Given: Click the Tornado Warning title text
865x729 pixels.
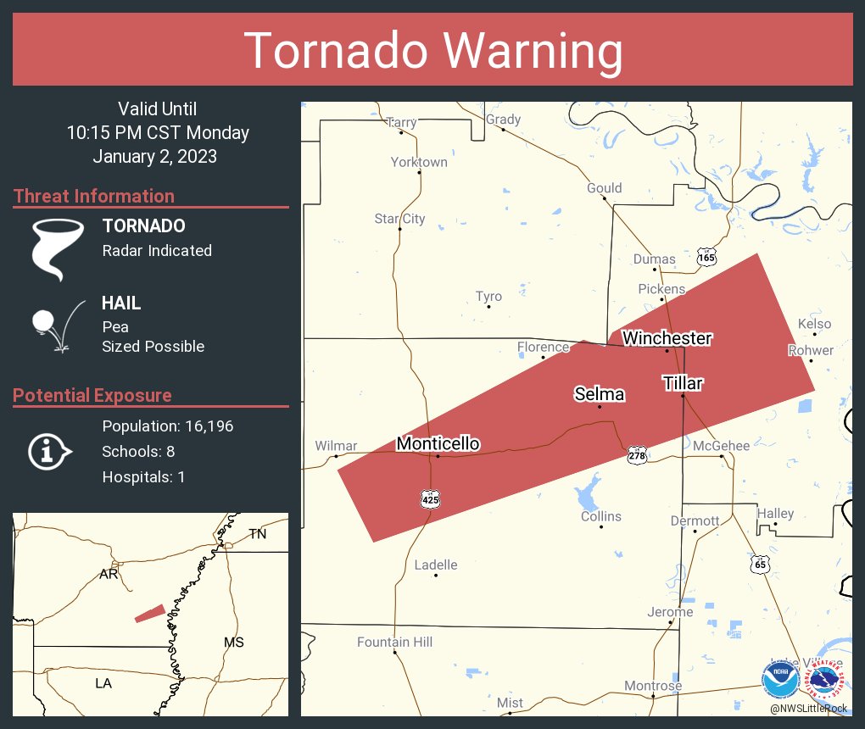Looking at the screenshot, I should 432,51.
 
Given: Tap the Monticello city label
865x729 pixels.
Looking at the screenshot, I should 438,443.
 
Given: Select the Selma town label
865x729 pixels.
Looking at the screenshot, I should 600,394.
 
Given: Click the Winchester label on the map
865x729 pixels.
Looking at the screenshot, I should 667,338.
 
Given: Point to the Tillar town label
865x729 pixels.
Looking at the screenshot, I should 683,383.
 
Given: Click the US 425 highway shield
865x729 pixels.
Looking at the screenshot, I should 431,500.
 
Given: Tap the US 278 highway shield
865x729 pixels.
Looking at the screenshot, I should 638,455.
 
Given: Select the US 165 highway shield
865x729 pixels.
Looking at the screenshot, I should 706,255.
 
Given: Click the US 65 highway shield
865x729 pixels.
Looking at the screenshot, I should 760,564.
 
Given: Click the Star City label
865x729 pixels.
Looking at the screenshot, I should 399,219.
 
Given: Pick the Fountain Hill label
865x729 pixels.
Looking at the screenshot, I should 394,642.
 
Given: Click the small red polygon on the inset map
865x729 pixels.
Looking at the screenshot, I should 150,613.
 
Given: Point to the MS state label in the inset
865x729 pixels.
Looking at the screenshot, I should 233,643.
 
